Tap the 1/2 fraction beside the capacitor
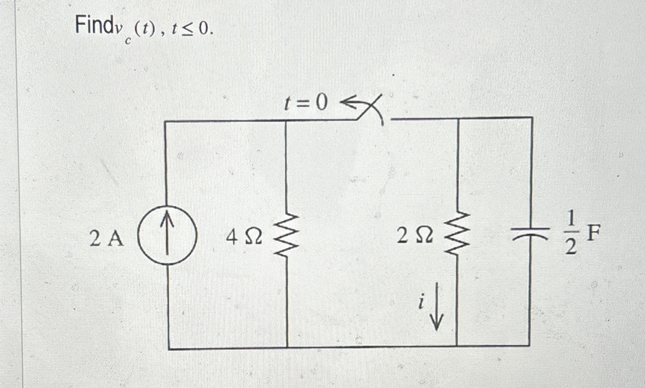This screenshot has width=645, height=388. (x=571, y=234)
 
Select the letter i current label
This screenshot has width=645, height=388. (x=422, y=302)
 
